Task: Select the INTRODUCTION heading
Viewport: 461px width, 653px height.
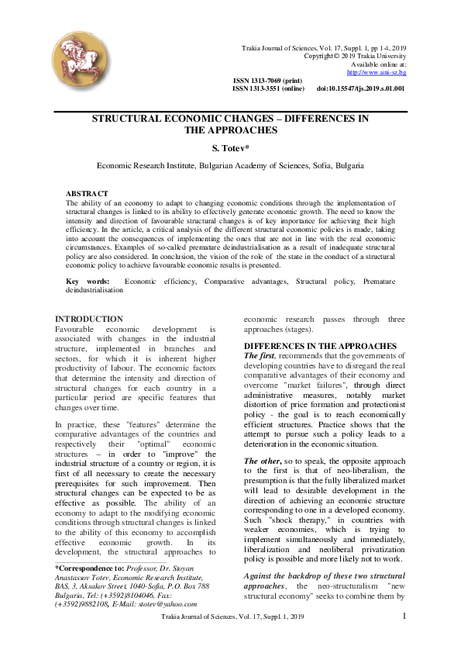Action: (89, 319)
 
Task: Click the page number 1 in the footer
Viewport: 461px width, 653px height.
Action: (404, 637)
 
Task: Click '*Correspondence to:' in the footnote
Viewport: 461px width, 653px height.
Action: (86, 568)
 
